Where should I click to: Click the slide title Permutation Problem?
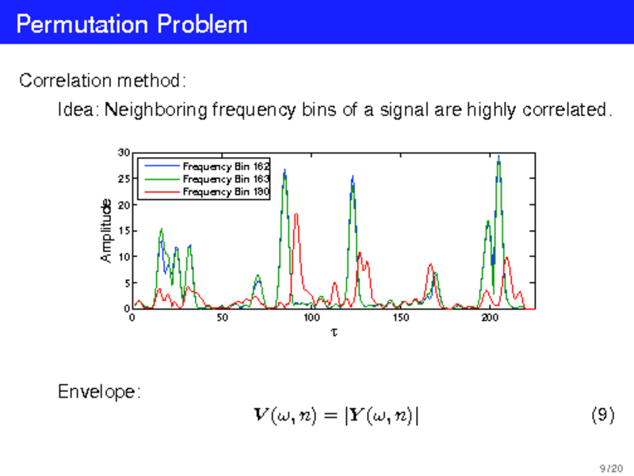132,24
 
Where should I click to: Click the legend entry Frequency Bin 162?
226,167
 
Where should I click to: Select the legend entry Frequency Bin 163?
226,179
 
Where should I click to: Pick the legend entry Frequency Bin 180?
226,191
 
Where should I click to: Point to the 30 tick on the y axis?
124,152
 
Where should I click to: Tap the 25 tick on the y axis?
124,179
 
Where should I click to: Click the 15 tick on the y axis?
124,231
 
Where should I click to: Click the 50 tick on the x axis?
222,317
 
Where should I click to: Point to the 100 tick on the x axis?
311,317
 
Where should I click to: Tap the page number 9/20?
611,468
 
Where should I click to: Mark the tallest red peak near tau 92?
296,213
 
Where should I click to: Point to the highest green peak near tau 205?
498,156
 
